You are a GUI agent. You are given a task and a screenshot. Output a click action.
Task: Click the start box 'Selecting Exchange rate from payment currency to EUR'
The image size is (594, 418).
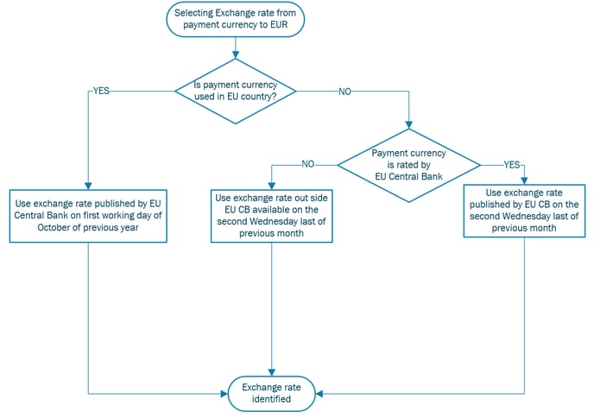[x=235, y=19]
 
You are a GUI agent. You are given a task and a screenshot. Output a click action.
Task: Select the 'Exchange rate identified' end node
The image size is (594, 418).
[x=271, y=393]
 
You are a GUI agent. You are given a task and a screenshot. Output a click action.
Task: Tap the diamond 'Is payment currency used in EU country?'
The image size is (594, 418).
[x=235, y=92]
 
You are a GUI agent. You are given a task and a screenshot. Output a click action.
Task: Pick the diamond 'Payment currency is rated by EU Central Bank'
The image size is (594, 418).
[x=408, y=165]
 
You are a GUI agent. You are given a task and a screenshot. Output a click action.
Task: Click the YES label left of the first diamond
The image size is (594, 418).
[x=101, y=91]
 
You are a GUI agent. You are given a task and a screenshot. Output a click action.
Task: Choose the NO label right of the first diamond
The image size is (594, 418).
[x=344, y=92]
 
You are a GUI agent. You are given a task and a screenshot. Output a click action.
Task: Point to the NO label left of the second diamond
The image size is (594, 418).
[x=308, y=164]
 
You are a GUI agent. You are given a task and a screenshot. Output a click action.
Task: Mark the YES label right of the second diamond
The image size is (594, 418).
[x=511, y=165]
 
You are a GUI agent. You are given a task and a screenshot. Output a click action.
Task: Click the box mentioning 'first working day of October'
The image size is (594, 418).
[x=88, y=216]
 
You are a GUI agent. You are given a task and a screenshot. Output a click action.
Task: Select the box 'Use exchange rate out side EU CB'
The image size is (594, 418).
[x=272, y=216]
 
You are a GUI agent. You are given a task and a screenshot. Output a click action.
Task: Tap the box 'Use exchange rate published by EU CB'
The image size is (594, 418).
[x=524, y=211]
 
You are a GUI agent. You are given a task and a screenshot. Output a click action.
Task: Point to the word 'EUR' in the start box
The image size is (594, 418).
[x=279, y=25]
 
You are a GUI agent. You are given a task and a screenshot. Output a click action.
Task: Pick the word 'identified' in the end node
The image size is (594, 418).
[x=271, y=399]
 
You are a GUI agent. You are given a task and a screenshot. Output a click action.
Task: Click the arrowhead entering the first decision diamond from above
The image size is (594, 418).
[x=235, y=55]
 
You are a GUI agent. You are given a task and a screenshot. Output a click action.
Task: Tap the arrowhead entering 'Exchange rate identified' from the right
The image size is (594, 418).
[x=319, y=394]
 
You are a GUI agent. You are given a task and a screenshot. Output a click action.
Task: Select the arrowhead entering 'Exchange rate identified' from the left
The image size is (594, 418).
[x=224, y=394]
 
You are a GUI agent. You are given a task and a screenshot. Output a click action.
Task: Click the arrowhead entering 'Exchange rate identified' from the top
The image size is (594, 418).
[x=272, y=372]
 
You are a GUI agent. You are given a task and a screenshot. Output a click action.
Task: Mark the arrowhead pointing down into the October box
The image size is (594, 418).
[x=88, y=186]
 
